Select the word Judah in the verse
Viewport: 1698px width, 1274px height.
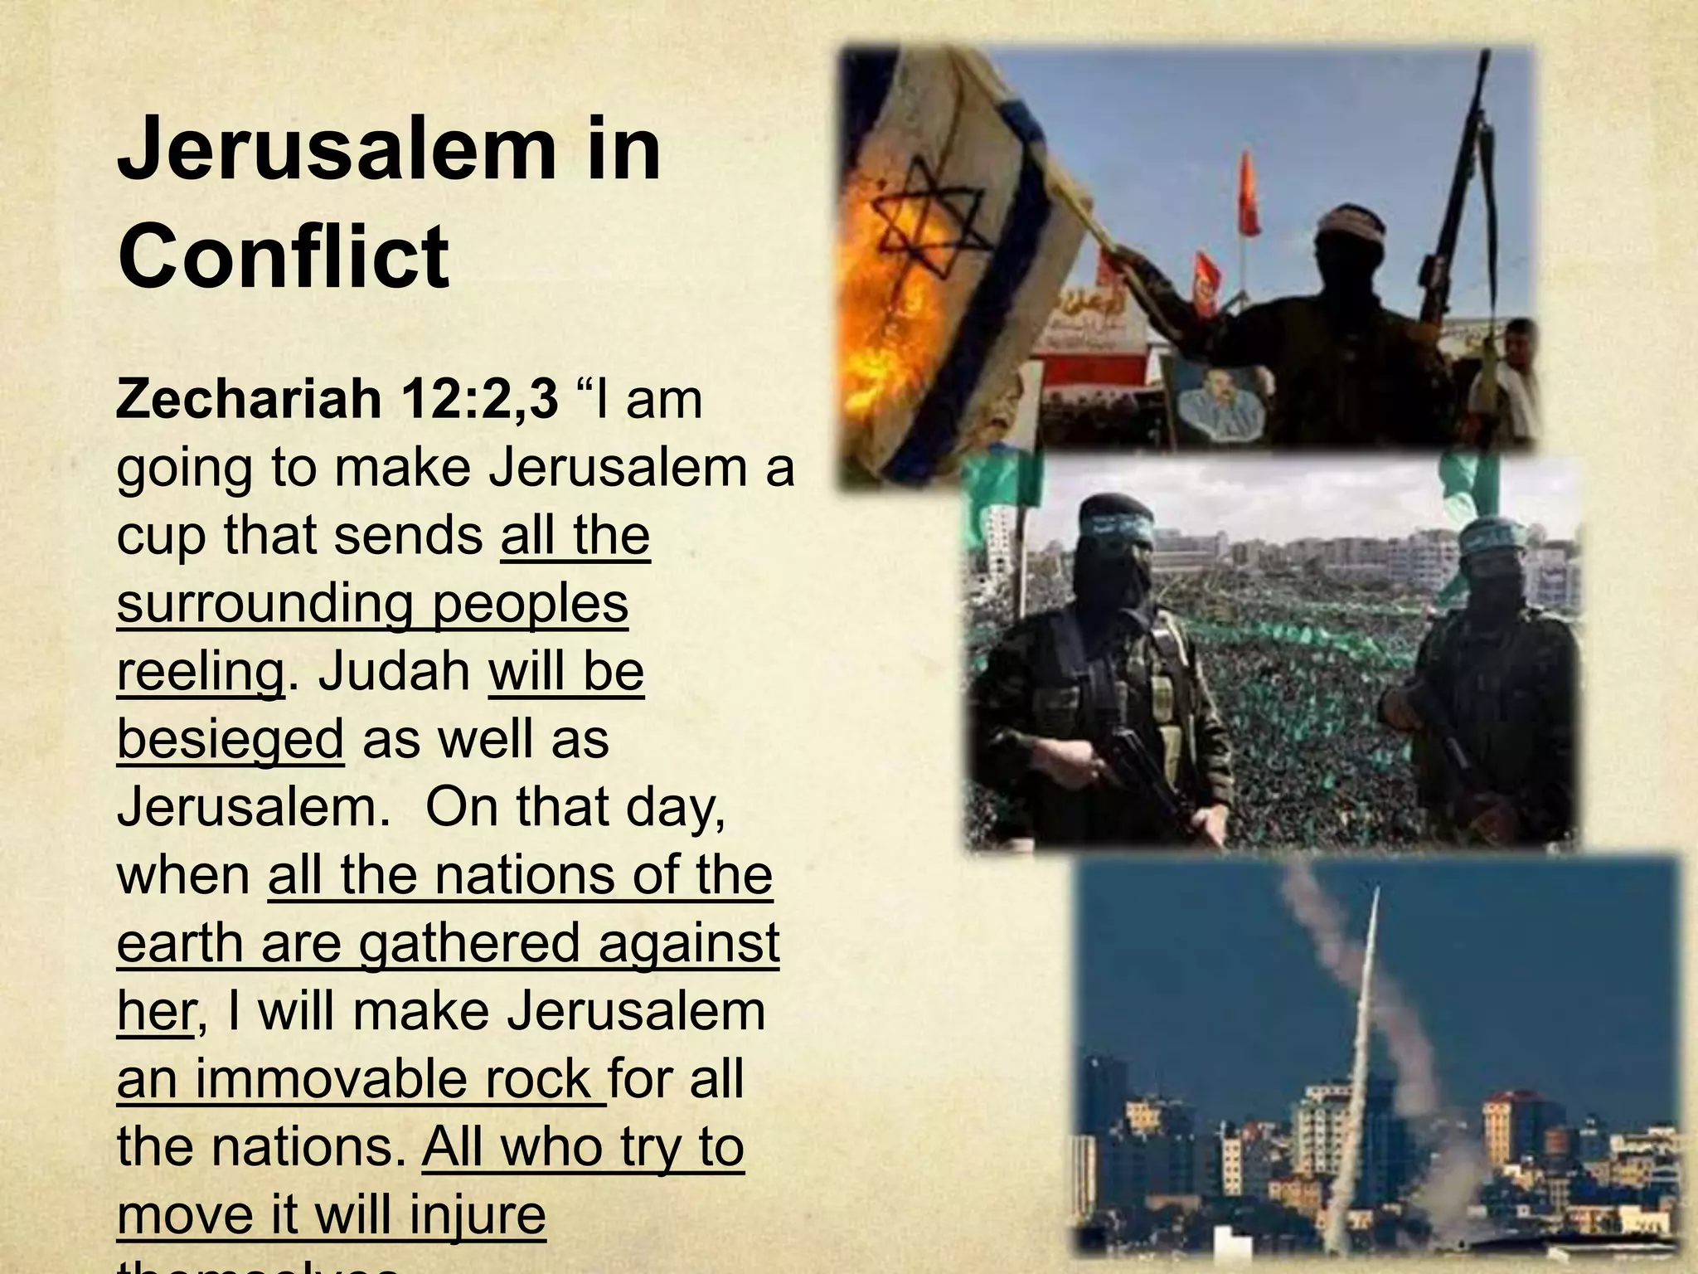(395, 671)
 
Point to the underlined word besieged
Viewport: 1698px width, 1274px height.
(230, 739)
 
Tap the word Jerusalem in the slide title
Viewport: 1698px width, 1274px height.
(337, 149)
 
